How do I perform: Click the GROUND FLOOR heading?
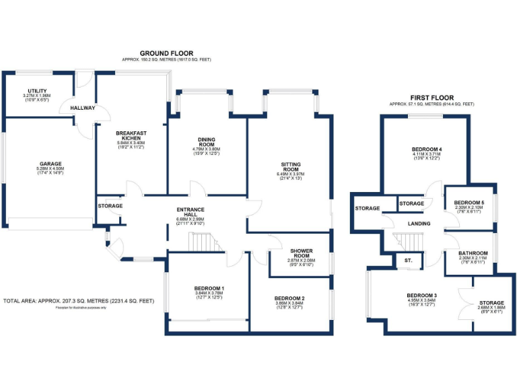click(x=166, y=53)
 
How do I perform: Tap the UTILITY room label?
click(x=37, y=91)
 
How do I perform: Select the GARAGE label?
click(x=50, y=164)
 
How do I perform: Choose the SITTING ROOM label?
click(x=291, y=168)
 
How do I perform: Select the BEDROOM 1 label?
click(x=209, y=288)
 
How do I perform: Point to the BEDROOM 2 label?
click(x=290, y=298)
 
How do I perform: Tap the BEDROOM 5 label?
click(x=469, y=203)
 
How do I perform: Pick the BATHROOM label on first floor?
click(x=473, y=253)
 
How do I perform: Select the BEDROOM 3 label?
click(x=422, y=296)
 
